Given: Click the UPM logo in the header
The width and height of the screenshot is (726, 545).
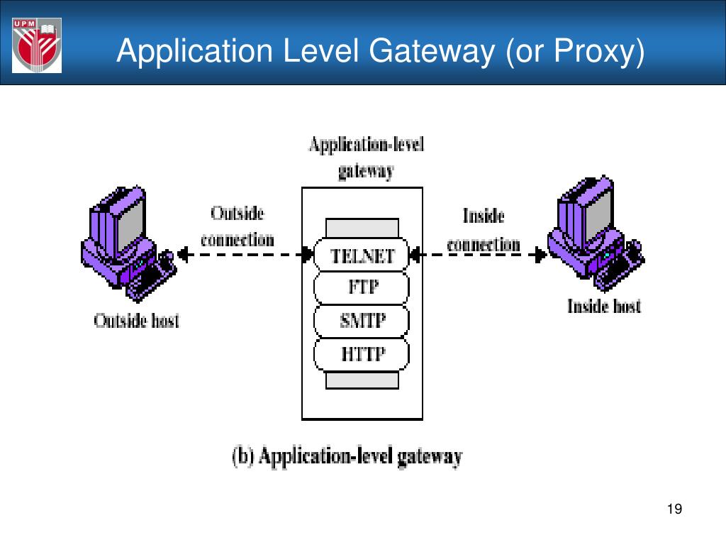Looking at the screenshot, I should [37, 46].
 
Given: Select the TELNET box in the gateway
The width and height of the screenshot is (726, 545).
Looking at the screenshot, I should [362, 255].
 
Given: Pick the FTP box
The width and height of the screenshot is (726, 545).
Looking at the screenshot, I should [362, 287].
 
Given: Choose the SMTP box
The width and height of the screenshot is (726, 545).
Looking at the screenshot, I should [362, 321].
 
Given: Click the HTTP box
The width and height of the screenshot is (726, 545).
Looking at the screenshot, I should [362, 353].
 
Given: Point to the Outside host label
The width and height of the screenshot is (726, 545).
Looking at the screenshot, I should [137, 321].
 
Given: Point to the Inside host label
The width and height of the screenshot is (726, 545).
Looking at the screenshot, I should [603, 307].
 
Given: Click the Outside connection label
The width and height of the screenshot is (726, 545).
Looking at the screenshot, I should [237, 226].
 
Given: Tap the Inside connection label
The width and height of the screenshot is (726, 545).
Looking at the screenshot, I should [484, 229].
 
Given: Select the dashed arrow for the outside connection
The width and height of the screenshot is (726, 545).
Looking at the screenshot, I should [245, 253].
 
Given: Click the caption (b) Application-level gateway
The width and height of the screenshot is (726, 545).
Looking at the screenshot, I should [347, 456].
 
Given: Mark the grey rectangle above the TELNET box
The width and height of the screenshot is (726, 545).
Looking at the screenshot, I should [362, 228].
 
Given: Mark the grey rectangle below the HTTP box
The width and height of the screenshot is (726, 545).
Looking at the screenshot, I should [362, 380].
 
